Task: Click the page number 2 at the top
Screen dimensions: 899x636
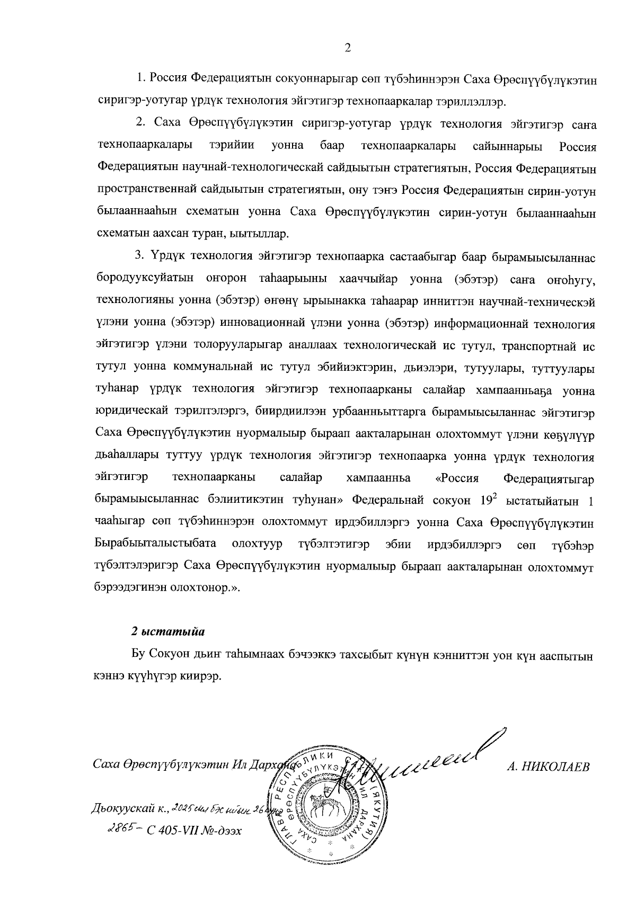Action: (x=348, y=48)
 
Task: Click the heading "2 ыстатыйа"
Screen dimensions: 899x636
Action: (x=167, y=632)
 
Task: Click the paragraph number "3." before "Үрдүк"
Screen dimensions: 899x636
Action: (x=140, y=257)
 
